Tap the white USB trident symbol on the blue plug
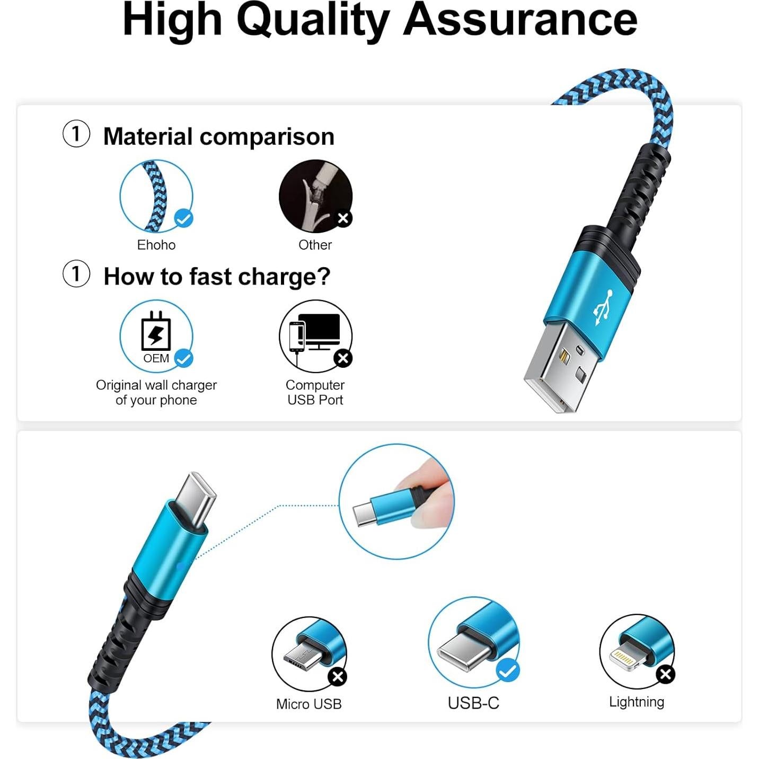tap(603, 307)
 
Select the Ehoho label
tap(156, 245)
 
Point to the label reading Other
tap(315, 245)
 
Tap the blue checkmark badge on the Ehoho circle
tap(184, 218)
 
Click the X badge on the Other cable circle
tap(343, 218)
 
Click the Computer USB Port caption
tap(315, 392)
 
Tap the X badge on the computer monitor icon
tap(343, 358)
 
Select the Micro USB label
tap(308, 704)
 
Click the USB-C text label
tap(473, 703)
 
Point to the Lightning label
tap(636, 702)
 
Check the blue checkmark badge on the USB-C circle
tap(508, 671)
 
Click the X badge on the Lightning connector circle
tap(665, 674)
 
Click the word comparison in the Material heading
tap(267, 137)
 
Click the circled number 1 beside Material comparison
tap(76, 134)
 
